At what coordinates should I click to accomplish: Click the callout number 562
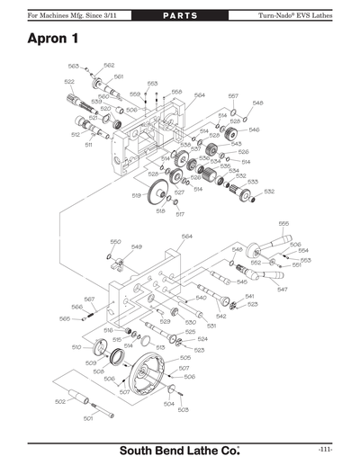108,65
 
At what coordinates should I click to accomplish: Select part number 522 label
69,82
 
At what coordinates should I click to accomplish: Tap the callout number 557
233,95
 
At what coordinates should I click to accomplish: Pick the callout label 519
136,195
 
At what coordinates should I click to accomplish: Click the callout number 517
179,214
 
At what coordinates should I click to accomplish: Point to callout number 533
253,182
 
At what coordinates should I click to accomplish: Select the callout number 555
283,223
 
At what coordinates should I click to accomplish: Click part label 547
282,290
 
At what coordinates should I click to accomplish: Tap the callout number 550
115,241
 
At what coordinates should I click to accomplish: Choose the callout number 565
65,318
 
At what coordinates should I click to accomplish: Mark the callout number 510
76,346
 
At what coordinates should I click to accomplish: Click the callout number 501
88,418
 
